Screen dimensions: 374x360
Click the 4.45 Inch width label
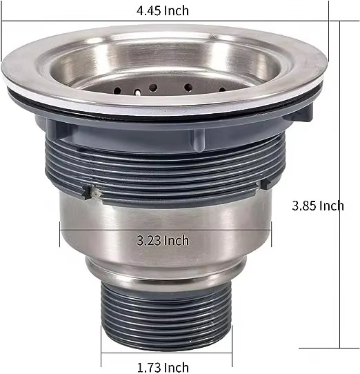tap(163, 10)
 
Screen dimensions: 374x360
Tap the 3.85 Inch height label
tap(317, 206)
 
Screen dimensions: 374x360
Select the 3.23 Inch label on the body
tap(163, 240)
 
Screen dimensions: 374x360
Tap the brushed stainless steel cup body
tap(166, 221)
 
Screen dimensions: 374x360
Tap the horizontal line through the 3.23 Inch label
tap(97, 240)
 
